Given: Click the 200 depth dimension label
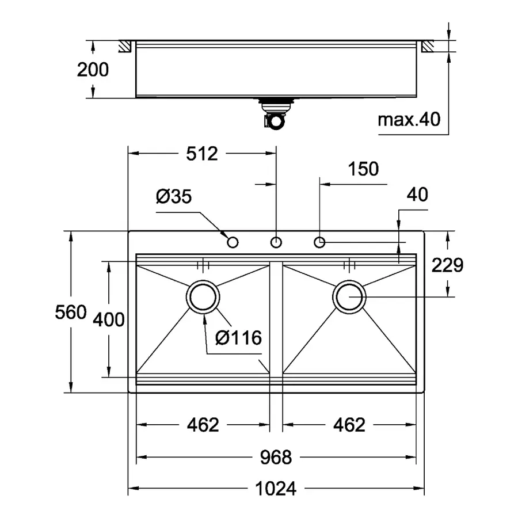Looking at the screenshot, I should [x=93, y=70].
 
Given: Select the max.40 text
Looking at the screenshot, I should [x=409, y=120].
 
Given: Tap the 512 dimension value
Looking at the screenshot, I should [x=202, y=154].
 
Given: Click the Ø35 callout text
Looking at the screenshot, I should [x=173, y=197].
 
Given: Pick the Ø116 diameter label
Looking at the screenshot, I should [x=239, y=338].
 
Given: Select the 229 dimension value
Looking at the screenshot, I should [x=448, y=265].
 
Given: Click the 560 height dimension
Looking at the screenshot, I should [x=70, y=313].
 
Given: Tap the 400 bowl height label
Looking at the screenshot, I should [x=108, y=319].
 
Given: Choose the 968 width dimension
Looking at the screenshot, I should [x=276, y=458].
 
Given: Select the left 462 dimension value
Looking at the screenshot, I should [x=203, y=425].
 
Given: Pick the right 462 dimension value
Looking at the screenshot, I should [x=349, y=425].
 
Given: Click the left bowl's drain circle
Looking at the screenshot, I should [x=203, y=298].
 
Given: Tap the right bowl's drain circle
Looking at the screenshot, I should [x=349, y=298].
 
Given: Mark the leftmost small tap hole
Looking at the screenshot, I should [x=233, y=242].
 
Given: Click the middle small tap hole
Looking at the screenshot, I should [x=277, y=242].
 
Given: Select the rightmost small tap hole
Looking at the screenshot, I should [x=320, y=242].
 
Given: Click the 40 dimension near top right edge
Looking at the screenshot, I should [x=417, y=195].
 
